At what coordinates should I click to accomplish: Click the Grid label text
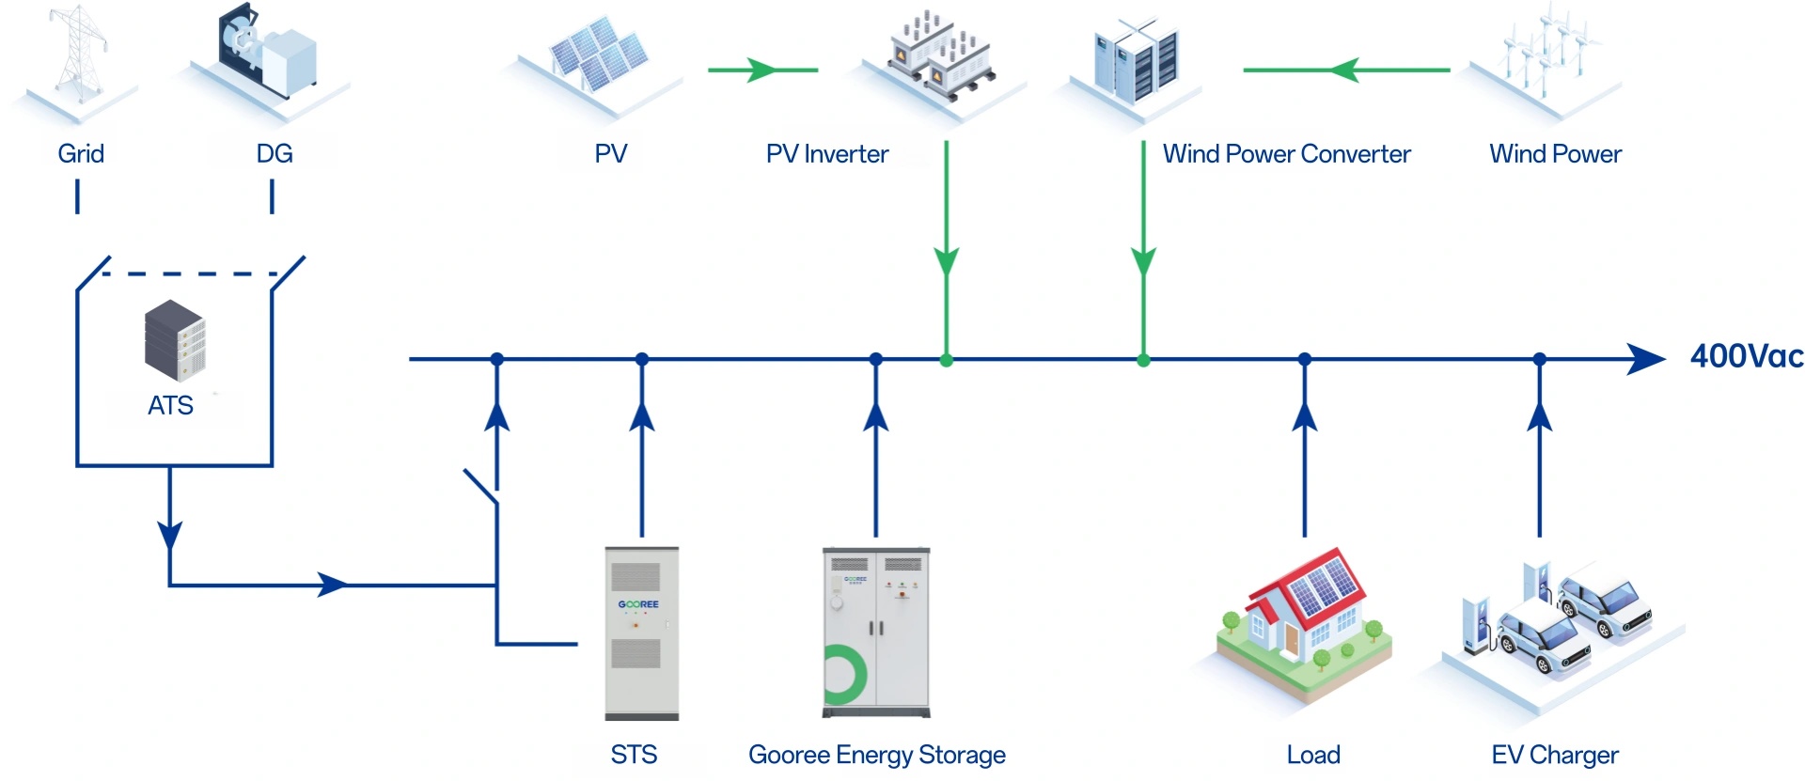[x=81, y=154]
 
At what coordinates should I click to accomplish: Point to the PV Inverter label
[x=826, y=154]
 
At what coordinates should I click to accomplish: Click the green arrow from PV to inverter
[x=762, y=70]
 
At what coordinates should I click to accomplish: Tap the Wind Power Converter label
[x=1286, y=154]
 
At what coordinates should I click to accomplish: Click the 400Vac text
[x=1746, y=357]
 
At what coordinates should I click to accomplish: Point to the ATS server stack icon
[x=175, y=340]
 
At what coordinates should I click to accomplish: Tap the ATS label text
[x=170, y=405]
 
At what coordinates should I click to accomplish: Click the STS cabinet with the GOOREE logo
[x=641, y=632]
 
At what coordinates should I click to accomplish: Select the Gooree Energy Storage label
[x=876, y=755]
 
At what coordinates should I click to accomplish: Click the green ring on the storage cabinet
[x=844, y=674]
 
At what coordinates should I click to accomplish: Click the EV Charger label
[x=1554, y=755]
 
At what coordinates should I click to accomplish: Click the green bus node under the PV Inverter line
[x=946, y=360]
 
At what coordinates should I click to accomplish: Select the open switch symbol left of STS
[x=481, y=486]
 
